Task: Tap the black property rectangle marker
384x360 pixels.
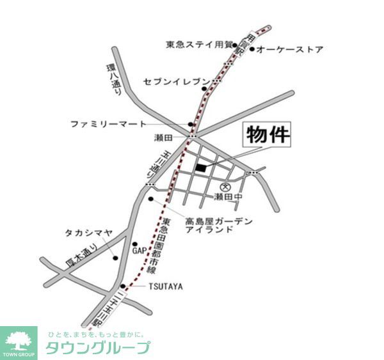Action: (x=201, y=168)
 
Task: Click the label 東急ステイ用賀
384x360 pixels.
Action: (x=198, y=45)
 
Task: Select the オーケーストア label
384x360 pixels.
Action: (x=290, y=49)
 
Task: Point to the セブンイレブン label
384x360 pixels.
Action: (x=176, y=82)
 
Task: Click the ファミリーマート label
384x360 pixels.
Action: (x=108, y=123)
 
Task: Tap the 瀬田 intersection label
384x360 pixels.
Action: (x=164, y=137)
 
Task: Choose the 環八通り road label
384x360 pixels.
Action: (x=113, y=79)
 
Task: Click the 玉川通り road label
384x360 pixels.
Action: (x=152, y=164)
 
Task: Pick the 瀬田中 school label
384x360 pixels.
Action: (x=228, y=197)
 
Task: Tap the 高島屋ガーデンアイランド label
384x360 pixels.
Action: (x=218, y=225)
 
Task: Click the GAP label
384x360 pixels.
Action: (x=140, y=251)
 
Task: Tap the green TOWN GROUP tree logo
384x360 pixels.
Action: (x=19, y=343)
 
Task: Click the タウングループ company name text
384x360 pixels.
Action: (x=97, y=348)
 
